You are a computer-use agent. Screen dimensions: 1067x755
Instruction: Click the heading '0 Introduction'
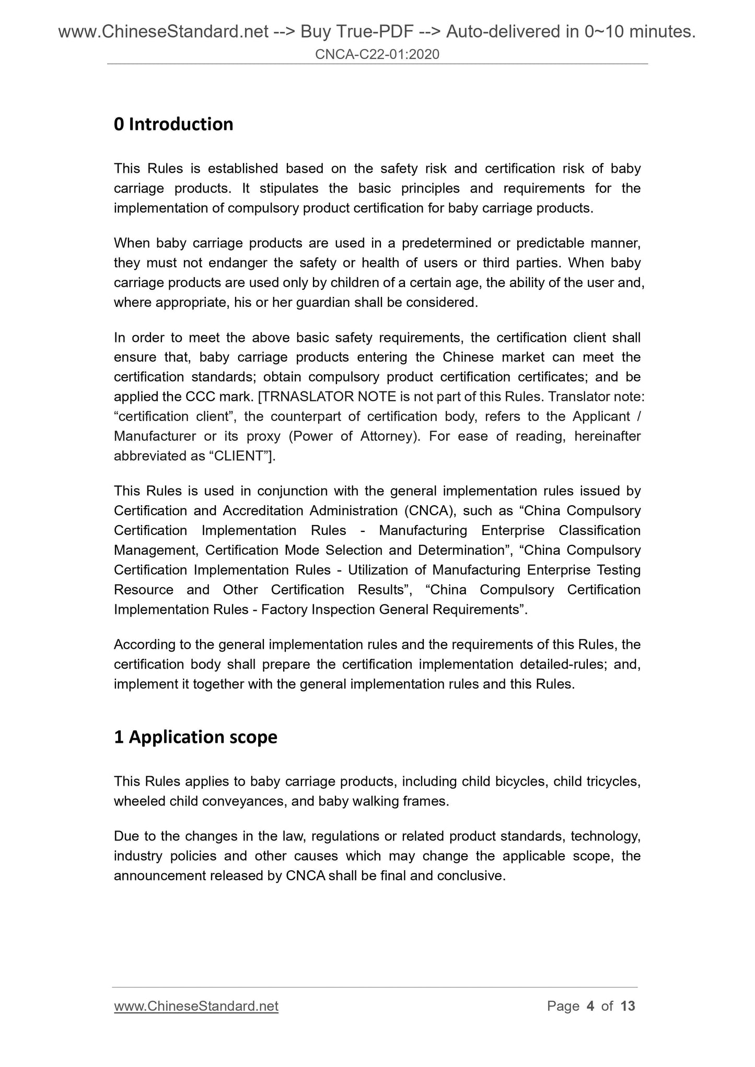pos(173,124)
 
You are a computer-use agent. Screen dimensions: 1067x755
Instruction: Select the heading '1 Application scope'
pos(195,737)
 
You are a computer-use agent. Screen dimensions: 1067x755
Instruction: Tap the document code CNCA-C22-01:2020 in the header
pos(377,54)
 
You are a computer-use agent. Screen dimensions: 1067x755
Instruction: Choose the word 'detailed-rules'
pos(562,665)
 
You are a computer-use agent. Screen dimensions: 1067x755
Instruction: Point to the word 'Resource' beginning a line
pos(144,590)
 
